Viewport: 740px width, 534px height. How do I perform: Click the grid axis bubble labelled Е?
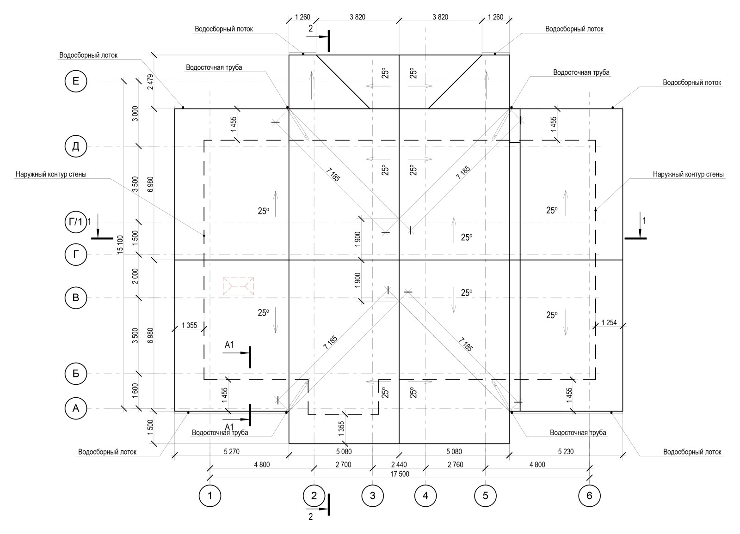click(76, 82)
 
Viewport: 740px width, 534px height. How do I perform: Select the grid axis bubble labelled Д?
click(76, 146)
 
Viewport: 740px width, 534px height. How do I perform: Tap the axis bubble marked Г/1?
click(76, 222)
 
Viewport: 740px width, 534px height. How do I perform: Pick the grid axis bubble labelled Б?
click(76, 374)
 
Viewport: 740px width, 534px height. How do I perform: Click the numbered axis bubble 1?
click(210, 496)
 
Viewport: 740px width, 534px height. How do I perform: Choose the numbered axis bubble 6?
click(589, 496)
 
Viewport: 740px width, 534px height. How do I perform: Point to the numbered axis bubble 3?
click(372, 496)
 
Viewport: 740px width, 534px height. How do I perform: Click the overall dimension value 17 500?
click(400, 474)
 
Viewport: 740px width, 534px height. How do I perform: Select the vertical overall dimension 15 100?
click(120, 244)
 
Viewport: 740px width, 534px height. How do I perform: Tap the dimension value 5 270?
click(231, 452)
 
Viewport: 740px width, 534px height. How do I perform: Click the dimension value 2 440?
click(399, 465)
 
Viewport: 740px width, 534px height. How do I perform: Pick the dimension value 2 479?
click(149, 81)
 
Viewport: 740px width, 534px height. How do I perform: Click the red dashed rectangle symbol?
click(238, 286)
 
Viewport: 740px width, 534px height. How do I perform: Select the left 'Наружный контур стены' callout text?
click(51, 175)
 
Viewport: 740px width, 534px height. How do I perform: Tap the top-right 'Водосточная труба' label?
click(581, 73)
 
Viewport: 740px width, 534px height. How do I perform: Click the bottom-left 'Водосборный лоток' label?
click(107, 452)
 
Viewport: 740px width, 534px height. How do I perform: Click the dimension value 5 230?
click(566, 452)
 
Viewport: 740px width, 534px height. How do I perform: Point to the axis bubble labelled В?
click(76, 298)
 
